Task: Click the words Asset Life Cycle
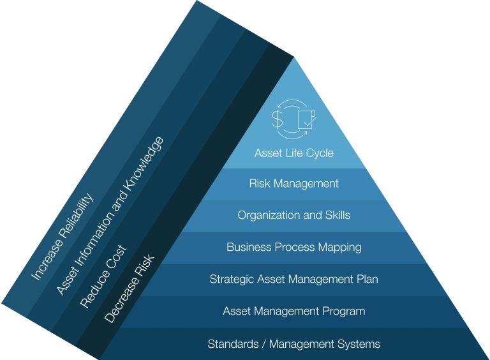[293, 153]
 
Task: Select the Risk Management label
[293, 184]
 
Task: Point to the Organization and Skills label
[293, 215]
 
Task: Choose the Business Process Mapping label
[293, 247]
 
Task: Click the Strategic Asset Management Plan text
[293, 279]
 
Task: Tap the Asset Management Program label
[293, 311]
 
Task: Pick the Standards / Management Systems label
[293, 344]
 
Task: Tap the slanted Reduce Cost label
[103, 277]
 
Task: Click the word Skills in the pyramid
[336, 215]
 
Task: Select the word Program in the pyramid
[343, 311]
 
